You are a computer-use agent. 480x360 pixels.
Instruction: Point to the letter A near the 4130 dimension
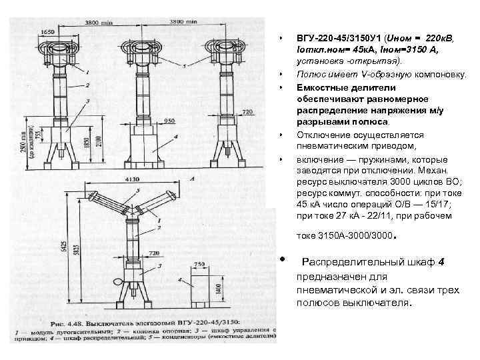point(191,179)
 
